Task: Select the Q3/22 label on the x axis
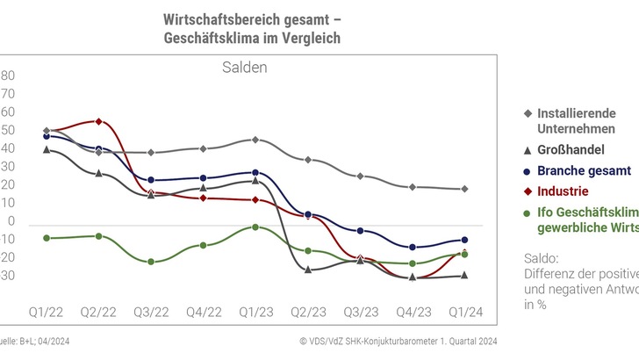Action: pyautogui.click(x=150, y=312)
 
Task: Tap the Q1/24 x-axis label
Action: pyautogui.click(x=464, y=312)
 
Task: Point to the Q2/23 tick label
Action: pyautogui.click(x=307, y=312)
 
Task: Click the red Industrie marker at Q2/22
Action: pyautogui.click(x=98, y=121)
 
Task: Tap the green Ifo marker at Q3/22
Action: pyautogui.click(x=151, y=262)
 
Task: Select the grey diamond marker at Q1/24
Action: pyautogui.click(x=464, y=189)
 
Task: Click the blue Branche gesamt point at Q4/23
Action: pyautogui.click(x=413, y=247)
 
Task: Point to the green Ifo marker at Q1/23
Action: pyautogui.click(x=255, y=227)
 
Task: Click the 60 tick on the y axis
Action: pyautogui.click(x=8, y=112)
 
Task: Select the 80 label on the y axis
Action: pyautogui.click(x=8, y=76)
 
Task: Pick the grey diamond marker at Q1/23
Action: pyautogui.click(x=255, y=140)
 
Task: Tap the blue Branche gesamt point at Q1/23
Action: pyautogui.click(x=255, y=172)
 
